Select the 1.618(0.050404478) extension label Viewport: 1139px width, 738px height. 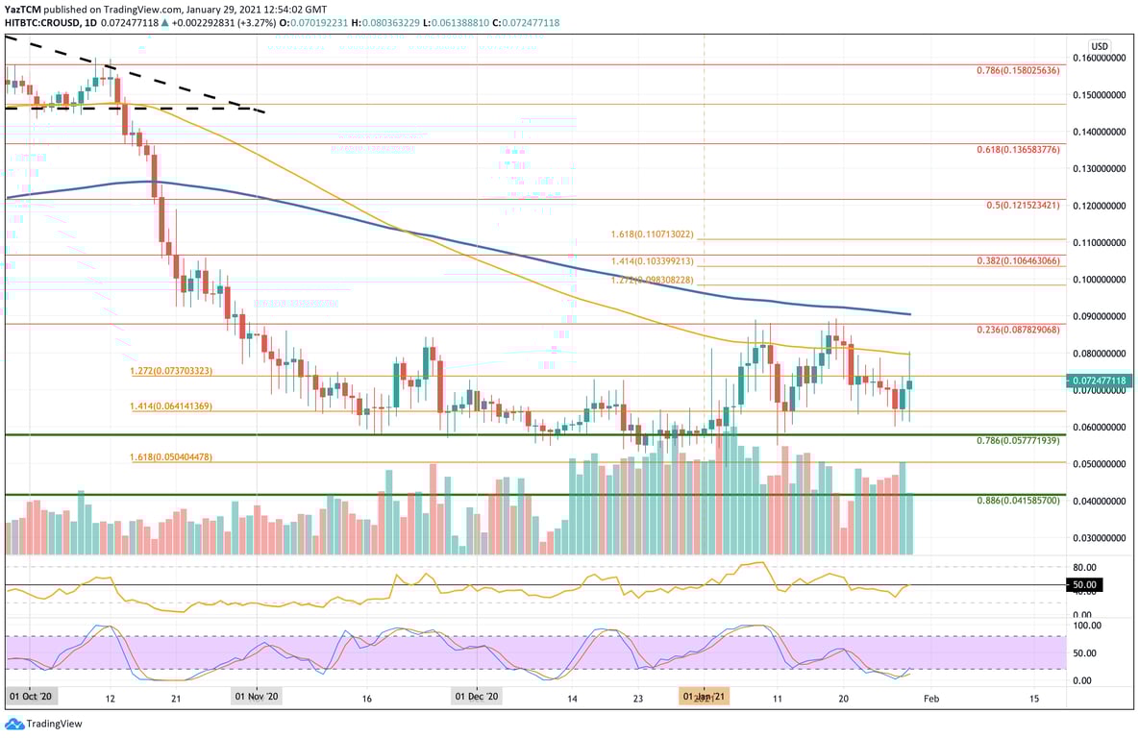(x=171, y=457)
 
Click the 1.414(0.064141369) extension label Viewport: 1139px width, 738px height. (x=171, y=406)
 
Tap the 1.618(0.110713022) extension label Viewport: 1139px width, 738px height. (x=652, y=234)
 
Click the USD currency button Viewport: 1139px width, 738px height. (x=1100, y=46)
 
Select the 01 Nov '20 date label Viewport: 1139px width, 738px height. (x=258, y=696)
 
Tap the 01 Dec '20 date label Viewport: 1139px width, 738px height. (x=477, y=696)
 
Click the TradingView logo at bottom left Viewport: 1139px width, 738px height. (x=44, y=724)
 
